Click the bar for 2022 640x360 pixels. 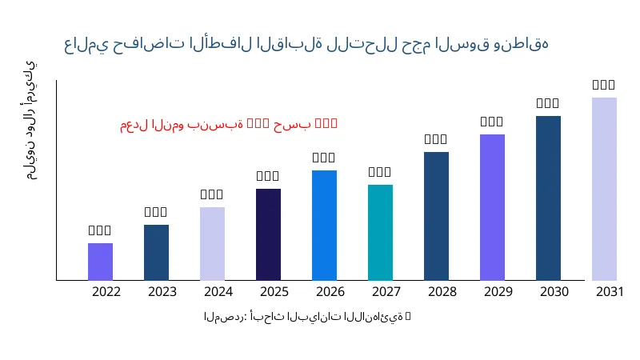pyautogui.click(x=100, y=262)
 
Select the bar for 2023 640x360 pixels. pyautogui.click(x=156, y=252)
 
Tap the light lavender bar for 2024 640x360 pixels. pyautogui.click(x=212, y=243)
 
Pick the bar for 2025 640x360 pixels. pyautogui.click(x=268, y=234)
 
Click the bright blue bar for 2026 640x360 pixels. pyautogui.click(x=324, y=225)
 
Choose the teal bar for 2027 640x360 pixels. pyautogui.click(x=380, y=232)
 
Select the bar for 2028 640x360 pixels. pyautogui.click(x=436, y=216)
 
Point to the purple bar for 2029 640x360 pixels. pyautogui.click(x=492, y=207)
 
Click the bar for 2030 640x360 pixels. pyautogui.click(x=548, y=198)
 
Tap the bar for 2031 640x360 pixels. pyautogui.click(x=604, y=189)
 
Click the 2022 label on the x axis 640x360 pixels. pyautogui.click(x=106, y=292)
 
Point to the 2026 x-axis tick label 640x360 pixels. pyautogui.click(x=330, y=292)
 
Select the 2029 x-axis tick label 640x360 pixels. pyautogui.click(x=498, y=292)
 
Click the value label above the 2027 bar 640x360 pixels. pyautogui.click(x=380, y=172)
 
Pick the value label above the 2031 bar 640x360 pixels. pyautogui.click(x=604, y=85)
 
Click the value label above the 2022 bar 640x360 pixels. pyautogui.click(x=100, y=230)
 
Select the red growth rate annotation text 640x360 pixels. pyautogui.click(x=229, y=124)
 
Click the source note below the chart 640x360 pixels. pyautogui.click(x=307, y=317)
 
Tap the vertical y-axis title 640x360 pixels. pyautogui.click(x=30, y=120)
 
